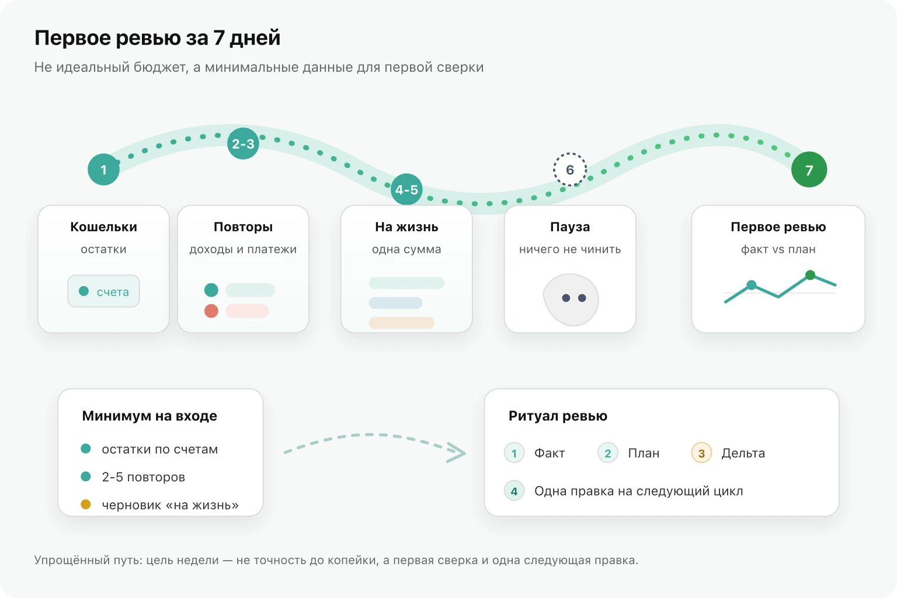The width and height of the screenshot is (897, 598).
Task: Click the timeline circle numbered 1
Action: point(104,169)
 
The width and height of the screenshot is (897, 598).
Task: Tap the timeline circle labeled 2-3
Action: point(243,144)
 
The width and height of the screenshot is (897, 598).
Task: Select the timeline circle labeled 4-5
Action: point(406,189)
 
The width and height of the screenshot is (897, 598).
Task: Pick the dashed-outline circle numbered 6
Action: point(570,169)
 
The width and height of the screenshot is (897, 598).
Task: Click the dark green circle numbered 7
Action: point(809,169)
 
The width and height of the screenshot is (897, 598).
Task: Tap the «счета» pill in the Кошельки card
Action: point(104,291)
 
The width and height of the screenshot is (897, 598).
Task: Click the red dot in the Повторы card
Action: point(211,311)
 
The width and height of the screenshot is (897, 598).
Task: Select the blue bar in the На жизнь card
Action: point(395,303)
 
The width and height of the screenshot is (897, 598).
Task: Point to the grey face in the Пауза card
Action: point(571,300)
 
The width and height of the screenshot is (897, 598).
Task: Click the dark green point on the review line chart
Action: point(810,275)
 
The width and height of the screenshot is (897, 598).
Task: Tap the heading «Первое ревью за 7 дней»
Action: point(157,38)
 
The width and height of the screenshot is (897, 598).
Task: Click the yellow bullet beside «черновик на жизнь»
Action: point(86,505)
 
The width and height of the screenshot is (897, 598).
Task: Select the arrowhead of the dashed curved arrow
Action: point(457,453)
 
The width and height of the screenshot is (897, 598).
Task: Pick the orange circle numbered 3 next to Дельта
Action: point(701,453)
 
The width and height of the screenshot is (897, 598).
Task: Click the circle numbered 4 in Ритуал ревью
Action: point(514,491)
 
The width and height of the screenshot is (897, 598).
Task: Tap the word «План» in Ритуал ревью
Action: point(644,453)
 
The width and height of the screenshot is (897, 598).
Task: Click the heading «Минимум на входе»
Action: point(149,416)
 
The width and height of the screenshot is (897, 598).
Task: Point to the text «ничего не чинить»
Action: point(570,249)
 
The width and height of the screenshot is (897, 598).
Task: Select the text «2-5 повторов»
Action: point(143,477)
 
